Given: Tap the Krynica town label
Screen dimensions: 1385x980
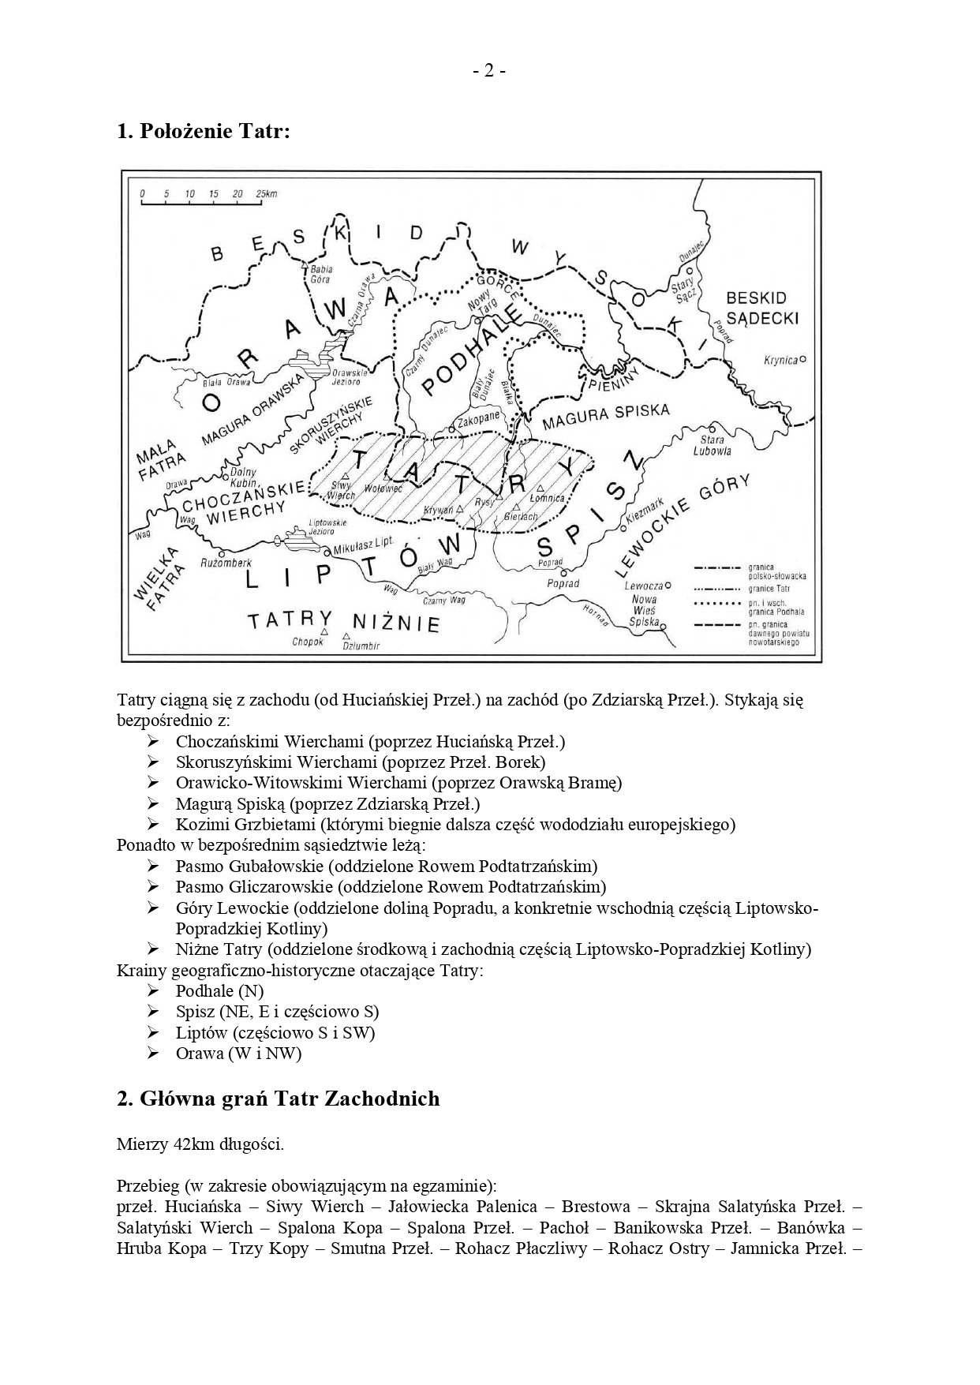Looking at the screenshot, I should pos(780,360).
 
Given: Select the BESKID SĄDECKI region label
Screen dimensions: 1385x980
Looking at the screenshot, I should pos(761,308).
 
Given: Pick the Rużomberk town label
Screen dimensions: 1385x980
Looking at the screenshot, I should pos(226,563).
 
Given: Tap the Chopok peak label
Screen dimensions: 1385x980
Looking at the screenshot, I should pos(308,642).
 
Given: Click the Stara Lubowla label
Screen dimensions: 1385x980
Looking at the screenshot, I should pos(713,445).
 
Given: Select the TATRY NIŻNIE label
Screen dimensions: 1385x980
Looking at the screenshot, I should pos(344,621).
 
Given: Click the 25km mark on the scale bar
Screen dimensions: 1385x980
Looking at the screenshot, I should pos(266,193).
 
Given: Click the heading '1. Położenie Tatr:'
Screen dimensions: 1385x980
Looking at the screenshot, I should pos(204,131).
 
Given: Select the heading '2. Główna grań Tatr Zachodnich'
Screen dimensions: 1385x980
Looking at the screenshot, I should pos(278,1099).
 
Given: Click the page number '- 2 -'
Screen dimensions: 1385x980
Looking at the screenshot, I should pos(489,71).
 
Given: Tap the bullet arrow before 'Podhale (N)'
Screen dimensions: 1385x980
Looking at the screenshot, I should pos(153,990).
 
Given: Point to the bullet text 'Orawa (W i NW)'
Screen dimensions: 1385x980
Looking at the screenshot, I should pos(238,1053).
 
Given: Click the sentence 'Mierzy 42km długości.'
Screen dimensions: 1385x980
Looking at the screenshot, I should pos(200,1144).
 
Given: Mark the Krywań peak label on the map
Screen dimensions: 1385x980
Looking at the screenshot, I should pos(439,511).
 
